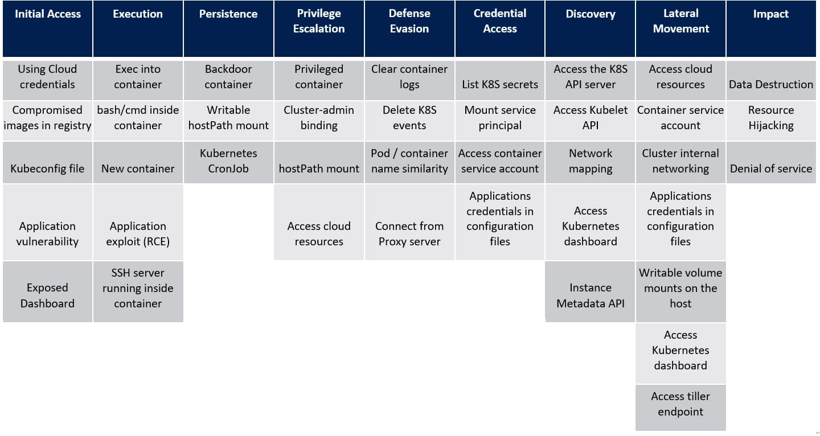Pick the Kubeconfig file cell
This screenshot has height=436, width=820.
47,163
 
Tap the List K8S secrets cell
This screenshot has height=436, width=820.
500,79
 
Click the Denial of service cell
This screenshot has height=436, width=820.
771,163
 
